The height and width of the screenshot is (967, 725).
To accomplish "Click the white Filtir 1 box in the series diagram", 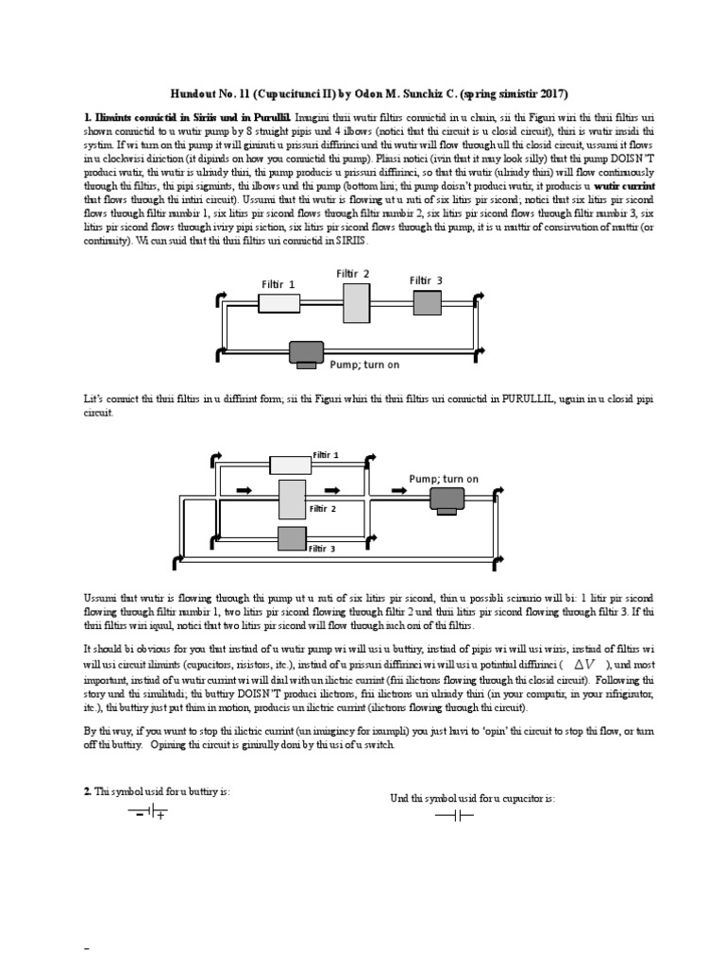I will [278, 302].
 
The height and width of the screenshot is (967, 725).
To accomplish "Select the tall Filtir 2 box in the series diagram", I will [357, 302].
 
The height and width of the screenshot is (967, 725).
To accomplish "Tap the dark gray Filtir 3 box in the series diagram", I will [427, 302].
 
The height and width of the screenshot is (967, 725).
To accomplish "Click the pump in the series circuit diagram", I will [306, 353].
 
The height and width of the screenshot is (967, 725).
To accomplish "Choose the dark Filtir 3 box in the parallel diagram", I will [293, 539].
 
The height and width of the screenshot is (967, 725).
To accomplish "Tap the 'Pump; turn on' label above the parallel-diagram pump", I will [444, 479].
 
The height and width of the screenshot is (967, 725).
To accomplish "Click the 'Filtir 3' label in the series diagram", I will [426, 280].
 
